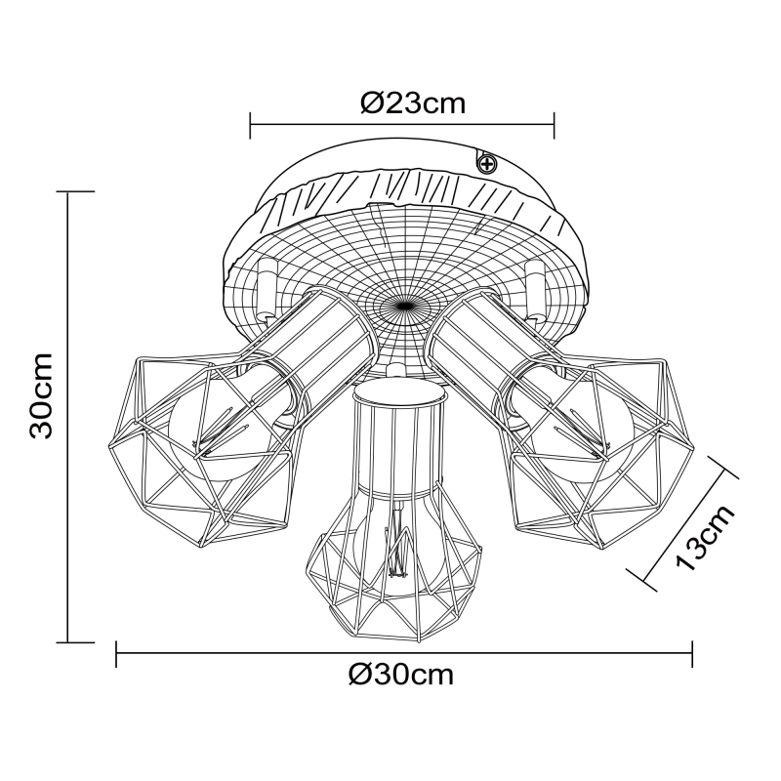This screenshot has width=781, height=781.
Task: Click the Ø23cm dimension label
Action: pyautogui.click(x=413, y=103)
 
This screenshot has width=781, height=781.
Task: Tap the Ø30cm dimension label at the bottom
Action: pyautogui.click(x=401, y=676)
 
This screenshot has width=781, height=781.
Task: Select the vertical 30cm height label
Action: pyautogui.click(x=42, y=395)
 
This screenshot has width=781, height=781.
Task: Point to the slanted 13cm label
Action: pyautogui.click(x=705, y=537)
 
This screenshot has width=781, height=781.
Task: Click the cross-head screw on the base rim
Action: pyautogui.click(x=486, y=163)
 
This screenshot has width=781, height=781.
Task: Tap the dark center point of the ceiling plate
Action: pyautogui.click(x=403, y=305)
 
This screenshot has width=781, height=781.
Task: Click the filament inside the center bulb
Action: pyautogui.click(x=397, y=543)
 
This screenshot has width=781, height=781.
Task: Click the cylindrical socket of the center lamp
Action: pyautogui.click(x=398, y=438)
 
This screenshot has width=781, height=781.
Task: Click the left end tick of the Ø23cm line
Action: pyautogui.click(x=250, y=125)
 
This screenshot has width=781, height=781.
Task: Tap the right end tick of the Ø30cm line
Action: pyautogui.click(x=692, y=654)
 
